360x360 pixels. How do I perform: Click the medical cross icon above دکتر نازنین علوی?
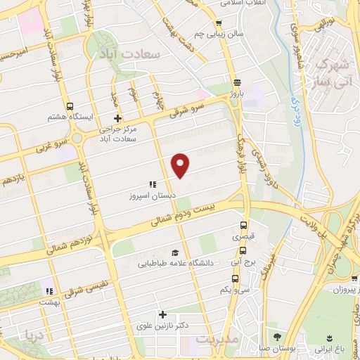(162, 314)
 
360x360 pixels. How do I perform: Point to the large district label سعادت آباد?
(140, 53)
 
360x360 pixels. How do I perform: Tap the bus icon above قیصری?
(243, 226)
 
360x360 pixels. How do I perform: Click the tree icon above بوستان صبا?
(276, 337)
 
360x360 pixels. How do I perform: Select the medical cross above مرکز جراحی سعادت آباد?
(117, 118)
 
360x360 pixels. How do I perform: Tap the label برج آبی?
(240, 261)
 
